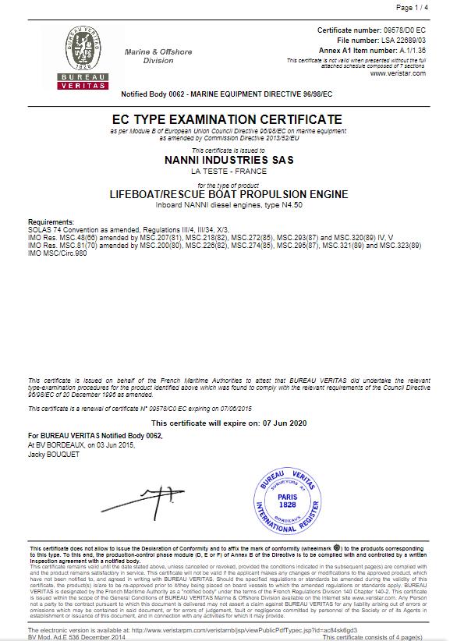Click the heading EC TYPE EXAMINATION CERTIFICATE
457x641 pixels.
(x=227, y=119)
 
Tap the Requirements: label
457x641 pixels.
(x=51, y=221)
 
